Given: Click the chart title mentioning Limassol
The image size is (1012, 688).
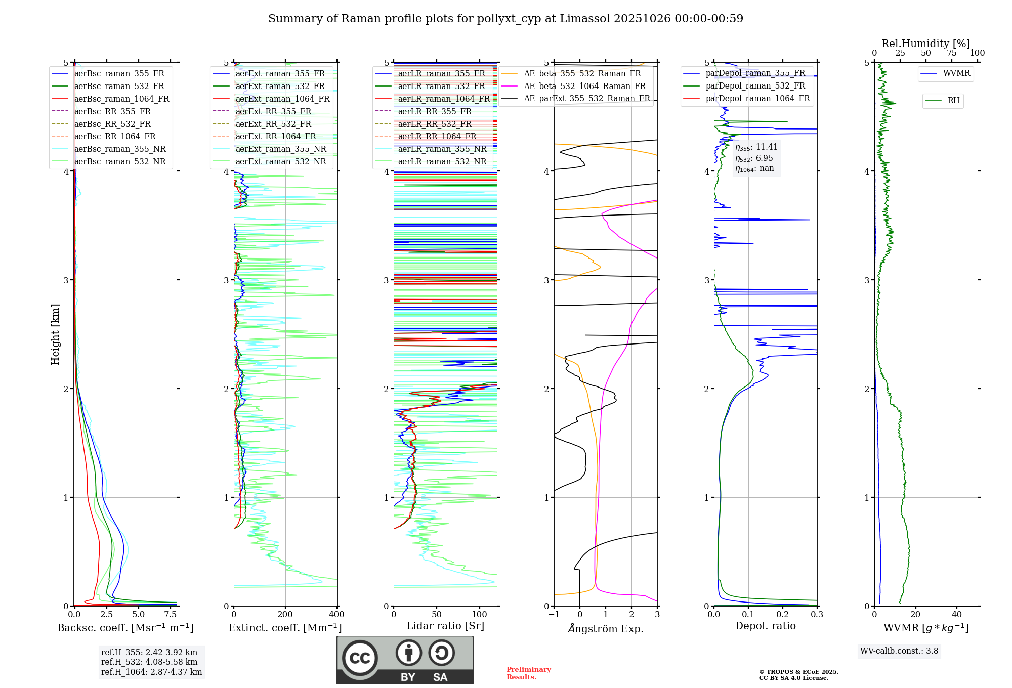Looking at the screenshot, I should click(505, 19).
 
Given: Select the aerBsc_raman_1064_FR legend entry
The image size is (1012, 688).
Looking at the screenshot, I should click(121, 99).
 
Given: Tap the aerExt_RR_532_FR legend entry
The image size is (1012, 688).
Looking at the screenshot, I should click(273, 124).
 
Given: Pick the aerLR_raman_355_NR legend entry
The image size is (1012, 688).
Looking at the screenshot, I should click(442, 149).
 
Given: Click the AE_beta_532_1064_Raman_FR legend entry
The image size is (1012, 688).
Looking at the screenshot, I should click(584, 86).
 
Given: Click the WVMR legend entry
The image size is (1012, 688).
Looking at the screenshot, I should click(956, 73).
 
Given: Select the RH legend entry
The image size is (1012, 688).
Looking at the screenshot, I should click(953, 101).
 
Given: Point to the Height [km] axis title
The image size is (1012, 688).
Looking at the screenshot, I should click(55, 334).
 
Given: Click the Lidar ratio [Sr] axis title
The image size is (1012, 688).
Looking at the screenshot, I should click(445, 626).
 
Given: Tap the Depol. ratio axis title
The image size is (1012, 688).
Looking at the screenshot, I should click(765, 626).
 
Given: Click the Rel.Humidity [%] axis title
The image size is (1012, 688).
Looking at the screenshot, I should click(925, 44).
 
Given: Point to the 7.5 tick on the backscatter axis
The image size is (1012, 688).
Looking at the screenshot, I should click(171, 615).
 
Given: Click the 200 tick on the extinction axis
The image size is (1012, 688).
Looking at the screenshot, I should click(285, 615).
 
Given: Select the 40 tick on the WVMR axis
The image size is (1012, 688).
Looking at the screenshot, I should click(957, 615).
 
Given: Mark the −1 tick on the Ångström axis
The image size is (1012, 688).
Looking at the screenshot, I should click(554, 615).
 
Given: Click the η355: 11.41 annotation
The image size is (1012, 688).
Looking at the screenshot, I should click(756, 147).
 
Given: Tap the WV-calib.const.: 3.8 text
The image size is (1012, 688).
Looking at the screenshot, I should click(899, 651).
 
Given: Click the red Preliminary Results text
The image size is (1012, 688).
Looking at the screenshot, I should click(528, 673).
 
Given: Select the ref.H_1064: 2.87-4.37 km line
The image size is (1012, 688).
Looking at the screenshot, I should click(151, 672).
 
